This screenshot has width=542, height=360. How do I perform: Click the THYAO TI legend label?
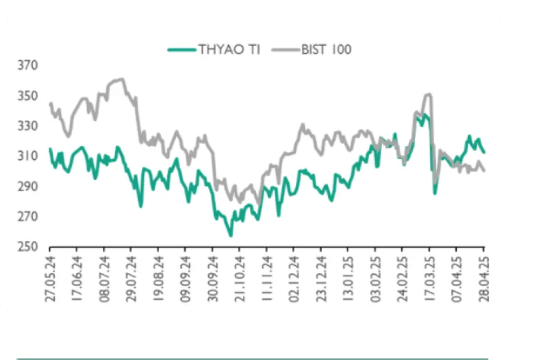click(229, 50)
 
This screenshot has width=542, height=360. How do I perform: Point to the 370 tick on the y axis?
click(28, 65)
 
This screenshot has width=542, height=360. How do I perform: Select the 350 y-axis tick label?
click(28, 96)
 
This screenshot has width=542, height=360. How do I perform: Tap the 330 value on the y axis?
click(28, 126)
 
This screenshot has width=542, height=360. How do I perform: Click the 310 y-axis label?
click(28, 156)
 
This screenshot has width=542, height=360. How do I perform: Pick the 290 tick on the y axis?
click(28, 187)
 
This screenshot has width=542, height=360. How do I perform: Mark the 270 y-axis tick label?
click(28, 217)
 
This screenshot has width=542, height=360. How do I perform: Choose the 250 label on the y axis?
click(28, 247)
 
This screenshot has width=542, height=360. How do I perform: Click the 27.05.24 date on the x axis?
click(50, 280)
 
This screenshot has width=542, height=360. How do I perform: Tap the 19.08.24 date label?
click(159, 280)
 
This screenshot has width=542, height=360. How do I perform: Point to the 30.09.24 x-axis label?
click(213, 280)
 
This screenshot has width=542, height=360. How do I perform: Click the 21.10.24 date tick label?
click(240, 280)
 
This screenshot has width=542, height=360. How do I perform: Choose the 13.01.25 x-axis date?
click(348, 280)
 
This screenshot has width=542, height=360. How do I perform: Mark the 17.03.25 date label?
click(430, 280)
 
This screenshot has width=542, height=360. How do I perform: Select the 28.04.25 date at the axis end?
click(484, 280)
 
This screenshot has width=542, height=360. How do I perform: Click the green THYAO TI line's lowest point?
click(230, 235)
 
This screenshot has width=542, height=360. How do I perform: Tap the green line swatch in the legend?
click(181, 50)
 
